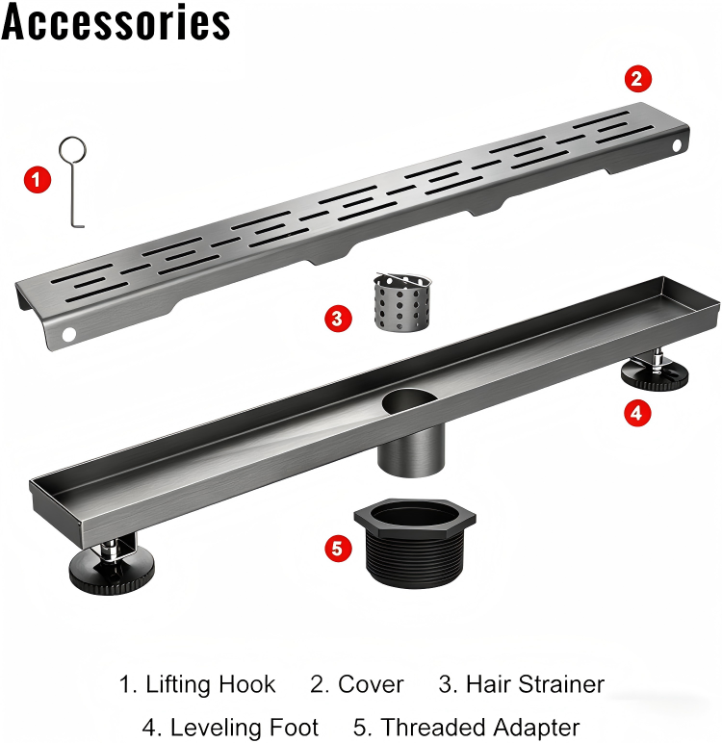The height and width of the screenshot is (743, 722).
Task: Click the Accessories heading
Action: (116, 21)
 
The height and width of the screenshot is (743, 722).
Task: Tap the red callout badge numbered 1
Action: (38, 180)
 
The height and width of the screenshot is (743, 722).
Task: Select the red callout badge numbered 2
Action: (637, 79)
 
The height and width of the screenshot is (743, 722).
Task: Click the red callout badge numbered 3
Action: (338, 319)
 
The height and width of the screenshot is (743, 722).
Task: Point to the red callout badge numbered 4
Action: (637, 413)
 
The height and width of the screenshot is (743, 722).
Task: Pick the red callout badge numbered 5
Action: (338, 549)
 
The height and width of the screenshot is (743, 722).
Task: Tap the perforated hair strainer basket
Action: (402, 302)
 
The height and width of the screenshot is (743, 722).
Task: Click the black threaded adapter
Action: (415, 543)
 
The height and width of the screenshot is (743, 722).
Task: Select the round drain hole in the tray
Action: (409, 401)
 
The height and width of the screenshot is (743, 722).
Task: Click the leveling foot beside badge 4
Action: (655, 371)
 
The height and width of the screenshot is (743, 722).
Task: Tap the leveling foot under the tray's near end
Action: (112, 566)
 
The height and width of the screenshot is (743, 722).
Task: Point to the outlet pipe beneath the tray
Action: (411, 450)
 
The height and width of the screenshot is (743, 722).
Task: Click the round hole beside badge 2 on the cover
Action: (677, 145)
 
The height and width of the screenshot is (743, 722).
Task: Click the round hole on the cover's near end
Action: (68, 334)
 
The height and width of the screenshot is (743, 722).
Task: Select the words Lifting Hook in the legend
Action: (211, 684)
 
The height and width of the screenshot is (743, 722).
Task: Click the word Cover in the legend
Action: (371, 684)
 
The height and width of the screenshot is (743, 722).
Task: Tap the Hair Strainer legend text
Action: (535, 684)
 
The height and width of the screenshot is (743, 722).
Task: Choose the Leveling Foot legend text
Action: (245, 727)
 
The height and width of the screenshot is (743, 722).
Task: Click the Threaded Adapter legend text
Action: (480, 727)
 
